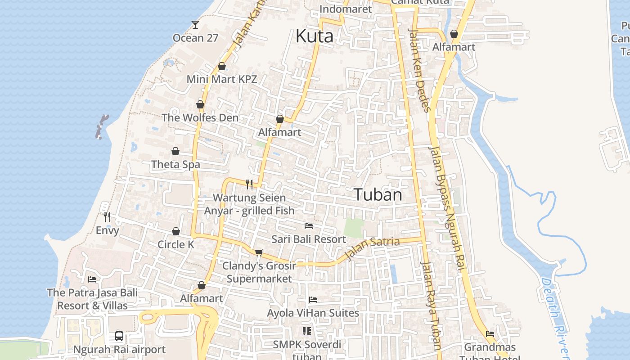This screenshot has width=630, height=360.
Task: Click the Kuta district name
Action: click(x=315, y=36)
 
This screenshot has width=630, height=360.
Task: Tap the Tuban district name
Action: click(x=378, y=194)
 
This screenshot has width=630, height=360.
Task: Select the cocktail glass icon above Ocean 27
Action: click(x=195, y=24)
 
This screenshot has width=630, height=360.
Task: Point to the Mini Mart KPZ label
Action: click(x=222, y=79)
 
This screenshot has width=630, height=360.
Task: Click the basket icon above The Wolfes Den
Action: click(x=200, y=104)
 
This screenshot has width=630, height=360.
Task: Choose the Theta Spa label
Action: click(x=175, y=164)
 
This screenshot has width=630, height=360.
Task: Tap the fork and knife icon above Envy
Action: click(x=107, y=217)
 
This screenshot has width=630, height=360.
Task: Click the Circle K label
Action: click(x=175, y=244)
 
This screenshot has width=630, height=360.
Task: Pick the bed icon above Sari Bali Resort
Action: click(x=309, y=225)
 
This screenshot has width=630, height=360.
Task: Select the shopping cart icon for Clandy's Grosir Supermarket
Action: click(x=259, y=252)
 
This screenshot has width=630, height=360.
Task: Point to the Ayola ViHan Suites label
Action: click(x=313, y=313)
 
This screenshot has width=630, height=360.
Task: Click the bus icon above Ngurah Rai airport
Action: click(x=119, y=336)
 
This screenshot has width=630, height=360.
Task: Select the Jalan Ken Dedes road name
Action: click(x=419, y=70)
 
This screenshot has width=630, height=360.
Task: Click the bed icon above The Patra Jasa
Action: click(x=92, y=279)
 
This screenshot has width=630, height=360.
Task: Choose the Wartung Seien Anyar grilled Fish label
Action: click(x=249, y=204)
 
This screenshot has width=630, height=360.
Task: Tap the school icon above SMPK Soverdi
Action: click(x=307, y=331)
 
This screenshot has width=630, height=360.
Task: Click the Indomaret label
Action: click(x=346, y=9)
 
